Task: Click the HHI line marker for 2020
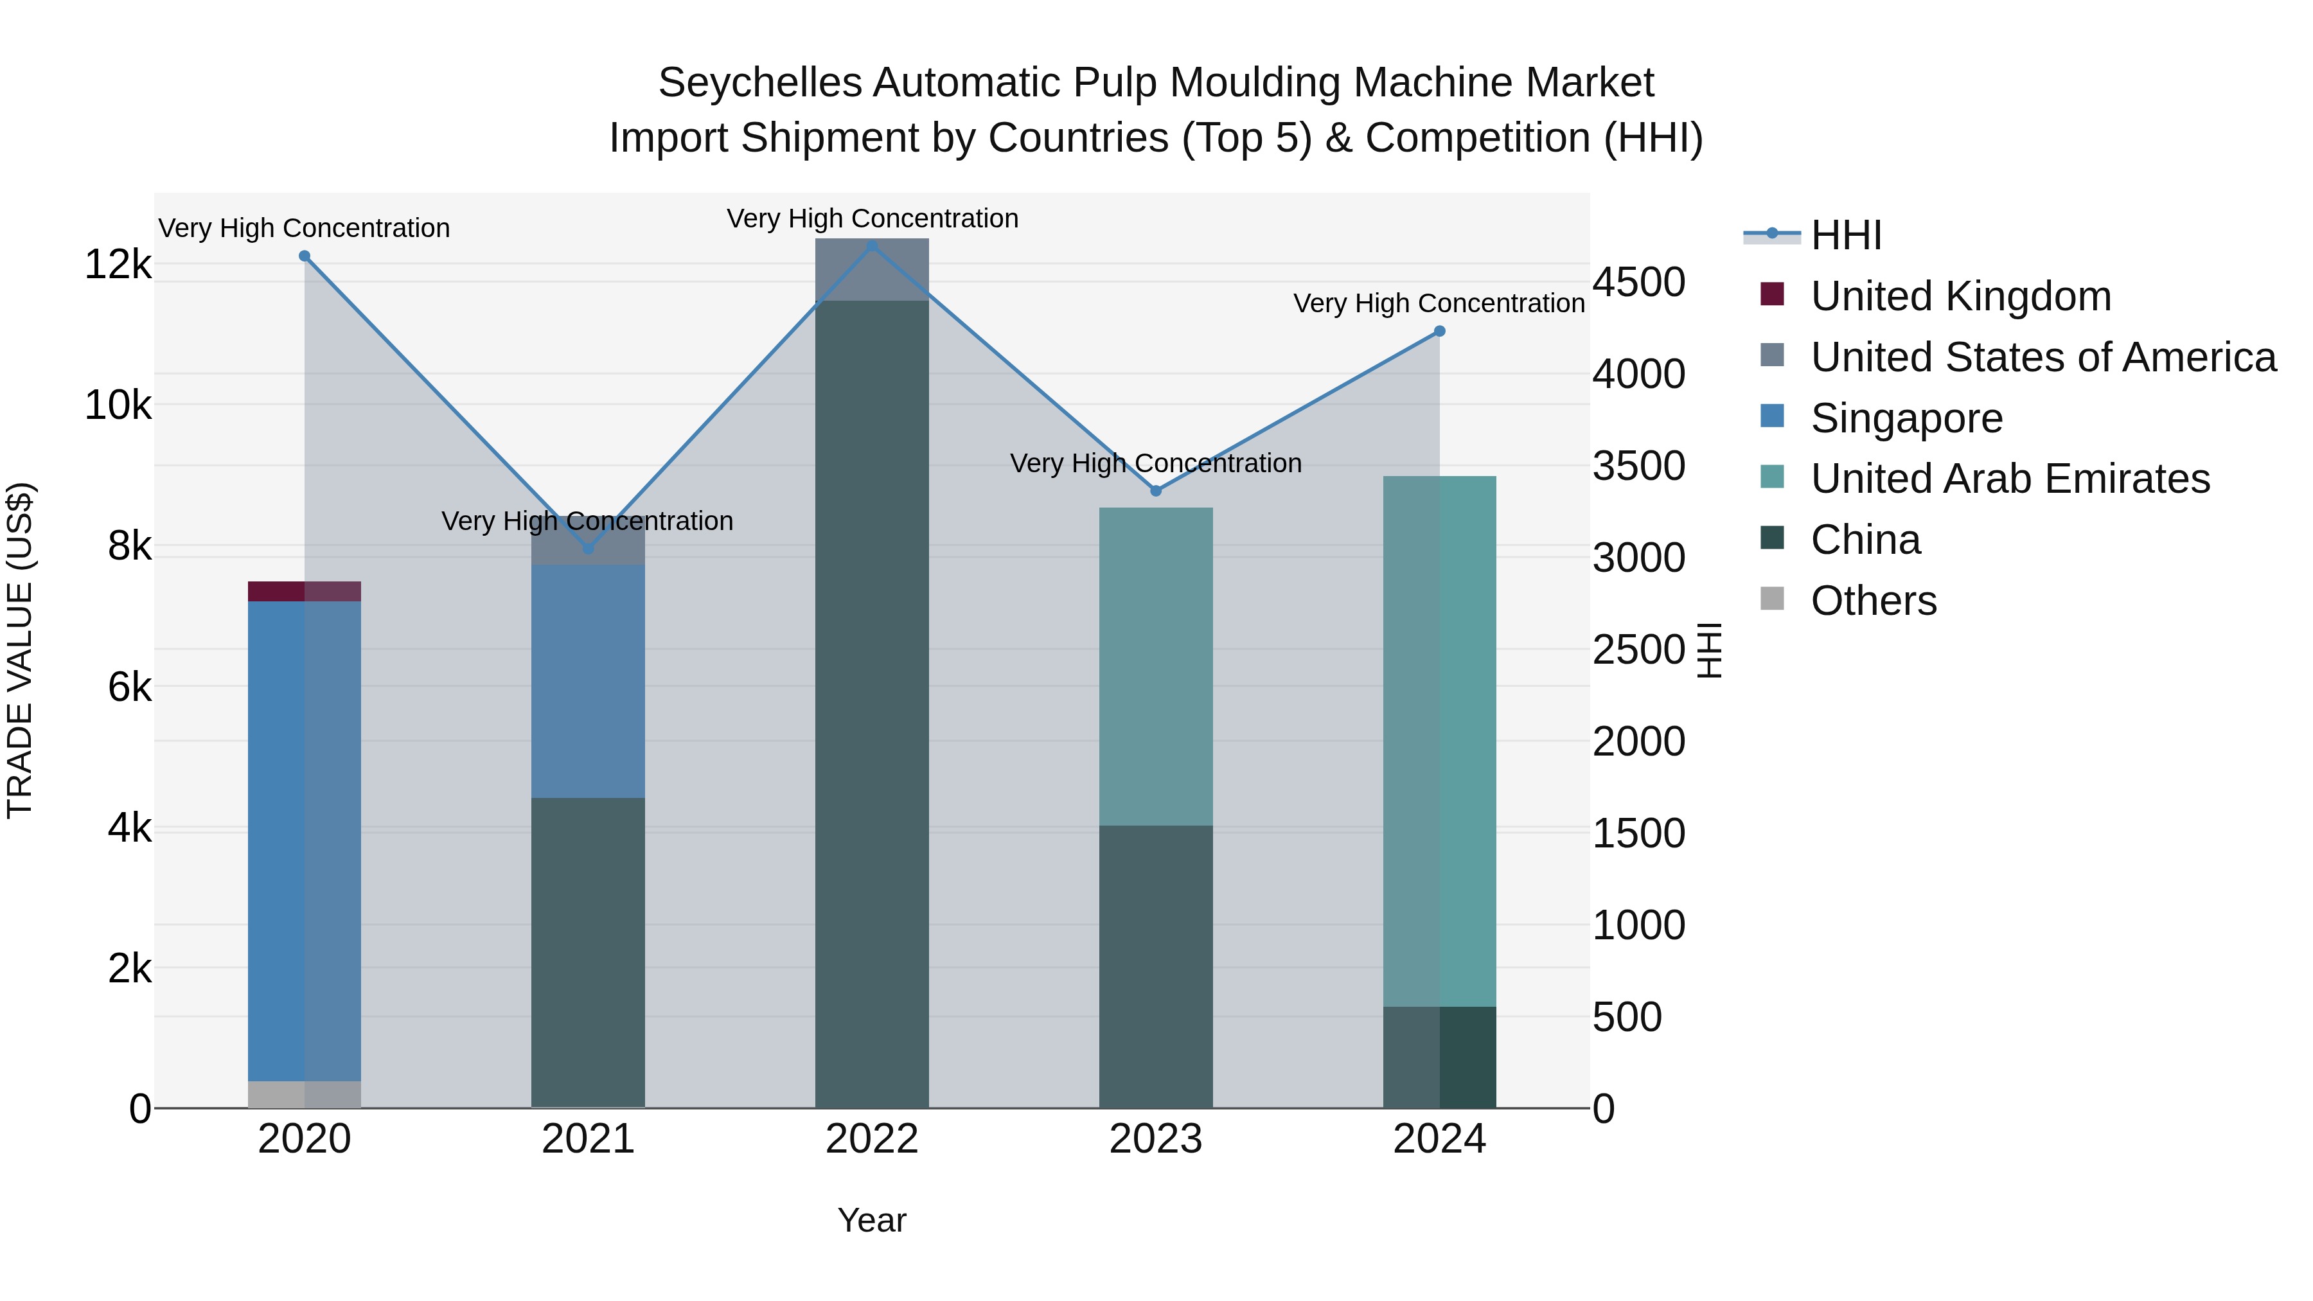pos(305,256)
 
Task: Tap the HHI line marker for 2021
pos(588,549)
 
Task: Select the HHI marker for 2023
pos(1156,490)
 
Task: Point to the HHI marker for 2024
pos(1439,332)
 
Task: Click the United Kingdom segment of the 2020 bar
pos(305,591)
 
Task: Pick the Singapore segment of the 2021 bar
pos(588,680)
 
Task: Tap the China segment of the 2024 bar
pos(1439,1057)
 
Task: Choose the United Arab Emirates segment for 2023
pos(1156,666)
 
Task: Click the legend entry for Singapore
pos(1906,418)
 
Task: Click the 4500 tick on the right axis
pos(1638,282)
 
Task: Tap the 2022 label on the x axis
pos(872,1139)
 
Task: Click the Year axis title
pos(872,1220)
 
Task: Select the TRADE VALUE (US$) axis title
pos(20,650)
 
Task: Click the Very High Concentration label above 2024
pos(1439,303)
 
